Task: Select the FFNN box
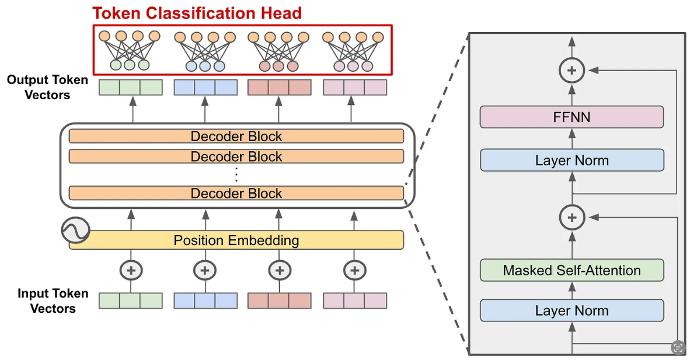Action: point(571,117)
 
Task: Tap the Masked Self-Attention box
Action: point(571,270)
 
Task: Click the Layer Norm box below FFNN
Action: point(571,160)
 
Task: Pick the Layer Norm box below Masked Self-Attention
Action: point(571,310)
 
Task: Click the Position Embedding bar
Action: point(236,240)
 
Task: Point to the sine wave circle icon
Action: point(75,230)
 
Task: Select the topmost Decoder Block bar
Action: point(236,137)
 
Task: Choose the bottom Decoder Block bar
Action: point(236,193)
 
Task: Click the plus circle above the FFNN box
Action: point(571,70)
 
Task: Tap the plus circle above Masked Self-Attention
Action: point(571,218)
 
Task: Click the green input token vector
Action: point(130,300)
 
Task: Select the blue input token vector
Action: point(205,300)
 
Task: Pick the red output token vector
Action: point(279,88)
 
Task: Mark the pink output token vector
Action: point(354,88)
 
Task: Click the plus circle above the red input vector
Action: point(280,270)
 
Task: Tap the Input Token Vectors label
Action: point(53,300)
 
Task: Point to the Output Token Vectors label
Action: point(47,87)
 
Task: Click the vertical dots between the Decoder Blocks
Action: point(236,174)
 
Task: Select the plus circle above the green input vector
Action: point(131,270)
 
